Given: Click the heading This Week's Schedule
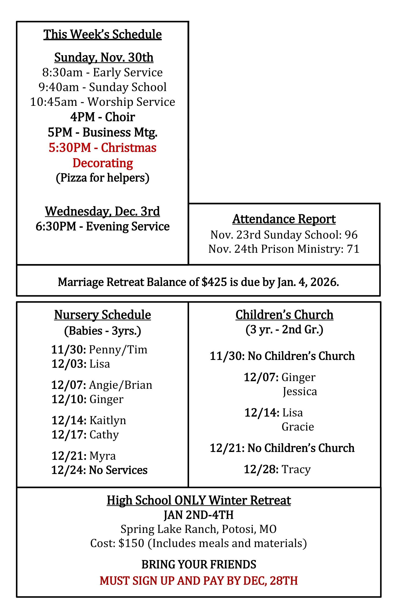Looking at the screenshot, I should click(x=102, y=34).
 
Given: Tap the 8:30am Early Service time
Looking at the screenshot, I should click(x=62, y=72).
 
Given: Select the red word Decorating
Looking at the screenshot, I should click(x=102, y=163).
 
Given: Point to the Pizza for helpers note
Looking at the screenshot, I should click(x=102, y=178).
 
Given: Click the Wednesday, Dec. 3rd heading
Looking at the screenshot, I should click(x=102, y=211).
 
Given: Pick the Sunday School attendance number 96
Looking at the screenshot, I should click(x=351, y=235).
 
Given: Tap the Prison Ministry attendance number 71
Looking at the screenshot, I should click(x=353, y=249).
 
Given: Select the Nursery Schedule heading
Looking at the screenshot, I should click(x=102, y=315).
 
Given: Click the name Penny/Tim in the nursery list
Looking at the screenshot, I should click(x=118, y=350).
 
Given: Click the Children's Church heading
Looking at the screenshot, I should click(x=284, y=315).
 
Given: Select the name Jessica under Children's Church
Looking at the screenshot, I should click(x=300, y=392).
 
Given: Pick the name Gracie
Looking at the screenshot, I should click(x=298, y=427).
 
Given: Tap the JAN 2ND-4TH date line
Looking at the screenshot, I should click(x=198, y=515).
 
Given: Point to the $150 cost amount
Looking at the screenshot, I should click(x=131, y=543).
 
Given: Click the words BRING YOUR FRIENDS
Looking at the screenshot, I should click(x=198, y=565).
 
